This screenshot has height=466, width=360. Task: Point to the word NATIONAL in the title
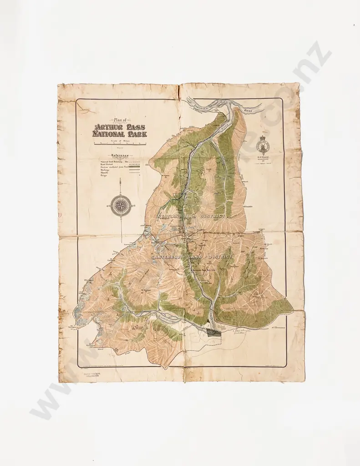pyautogui.click(x=108, y=134)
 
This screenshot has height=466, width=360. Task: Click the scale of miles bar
pyautogui.click(x=120, y=144)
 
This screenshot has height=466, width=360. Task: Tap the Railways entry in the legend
pyautogui.click(x=105, y=170)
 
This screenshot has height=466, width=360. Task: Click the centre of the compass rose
pyautogui.click(x=121, y=206)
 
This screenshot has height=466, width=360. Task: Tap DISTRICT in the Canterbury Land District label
pyautogui.click(x=220, y=257)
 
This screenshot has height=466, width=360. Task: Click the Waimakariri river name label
pyautogui.click(x=171, y=317)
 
